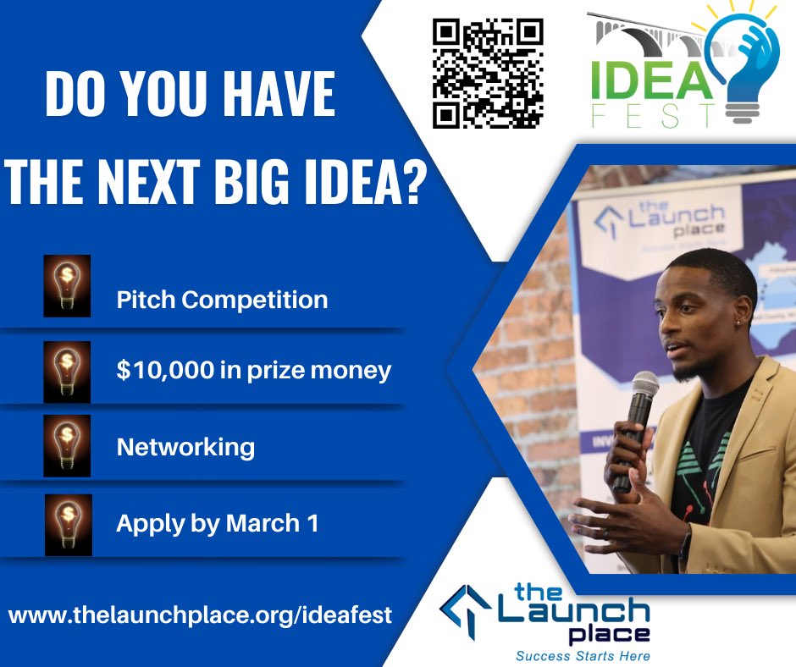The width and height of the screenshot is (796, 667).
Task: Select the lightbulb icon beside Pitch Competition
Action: [x=67, y=287]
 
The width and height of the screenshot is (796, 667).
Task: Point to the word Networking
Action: [x=185, y=446]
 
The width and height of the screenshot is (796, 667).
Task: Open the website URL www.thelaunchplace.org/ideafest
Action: [x=201, y=614]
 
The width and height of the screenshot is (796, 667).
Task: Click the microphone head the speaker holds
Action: [x=644, y=387]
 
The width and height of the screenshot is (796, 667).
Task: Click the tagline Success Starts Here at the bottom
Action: [x=583, y=655]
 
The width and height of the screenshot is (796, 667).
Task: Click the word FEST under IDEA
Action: [x=653, y=116]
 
